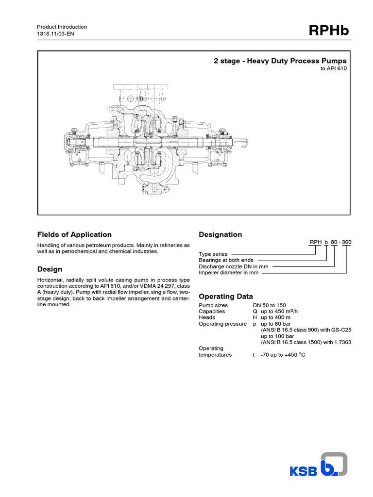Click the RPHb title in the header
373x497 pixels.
328,32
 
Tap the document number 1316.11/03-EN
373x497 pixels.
56,34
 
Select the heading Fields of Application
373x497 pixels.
74,234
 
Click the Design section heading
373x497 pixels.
50,269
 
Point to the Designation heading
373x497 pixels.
220,235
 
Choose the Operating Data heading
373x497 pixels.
226,297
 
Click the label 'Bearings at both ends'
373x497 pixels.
226,260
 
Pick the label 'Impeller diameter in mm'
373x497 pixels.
229,273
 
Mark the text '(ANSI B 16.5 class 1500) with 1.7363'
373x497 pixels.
305,342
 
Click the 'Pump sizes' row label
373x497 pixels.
213,305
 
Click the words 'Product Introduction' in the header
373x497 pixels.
62,27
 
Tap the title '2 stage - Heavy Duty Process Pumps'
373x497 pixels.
280,61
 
